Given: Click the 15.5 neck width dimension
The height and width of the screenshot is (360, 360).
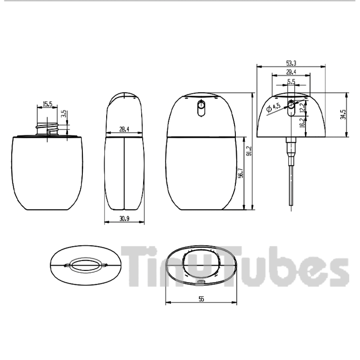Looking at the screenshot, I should tap(47, 104).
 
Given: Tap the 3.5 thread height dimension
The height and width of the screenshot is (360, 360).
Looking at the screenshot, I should tap(64, 115).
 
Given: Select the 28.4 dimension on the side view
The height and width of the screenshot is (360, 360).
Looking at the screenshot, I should tap(124, 129).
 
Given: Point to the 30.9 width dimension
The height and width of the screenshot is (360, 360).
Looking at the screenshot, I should tap(124, 219).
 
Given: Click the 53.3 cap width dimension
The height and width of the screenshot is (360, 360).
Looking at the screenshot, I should tap(291, 63).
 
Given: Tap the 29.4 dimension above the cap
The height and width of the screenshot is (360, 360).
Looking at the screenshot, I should tap(291, 72).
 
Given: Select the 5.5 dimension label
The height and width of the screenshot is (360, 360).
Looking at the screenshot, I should tap(291, 81).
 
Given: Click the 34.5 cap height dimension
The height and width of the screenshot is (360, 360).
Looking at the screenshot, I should tap(343, 114).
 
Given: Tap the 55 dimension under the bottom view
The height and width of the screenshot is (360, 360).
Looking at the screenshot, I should tap(201, 299).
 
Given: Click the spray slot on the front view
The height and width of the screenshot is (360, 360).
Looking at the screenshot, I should tap(201, 108).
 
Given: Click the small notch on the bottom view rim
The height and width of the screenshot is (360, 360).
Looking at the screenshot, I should tap(201, 282).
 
